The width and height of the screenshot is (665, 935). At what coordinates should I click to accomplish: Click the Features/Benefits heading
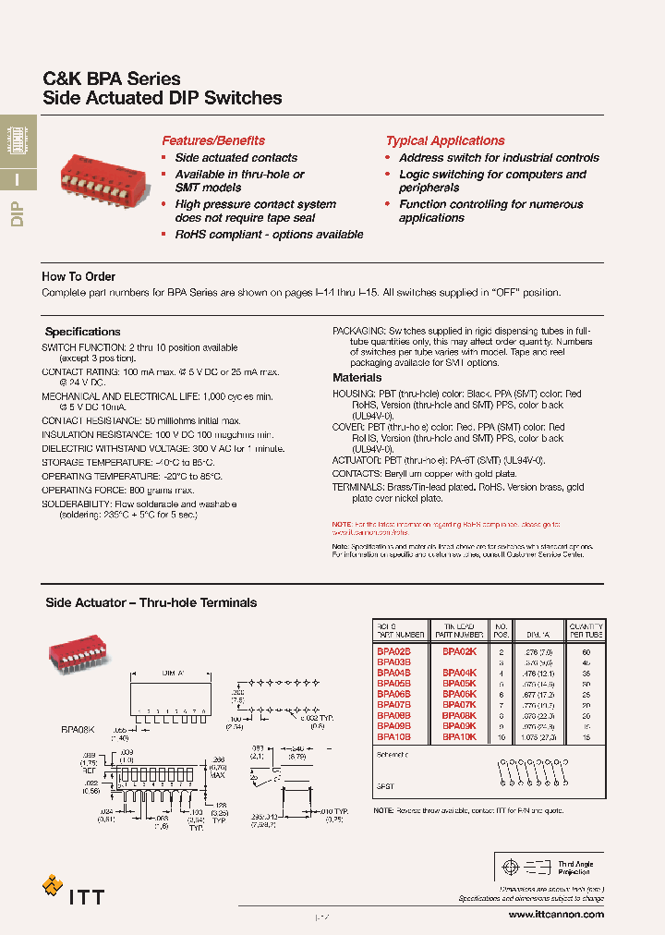(213, 141)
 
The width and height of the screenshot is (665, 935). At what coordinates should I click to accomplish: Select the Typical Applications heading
(445, 141)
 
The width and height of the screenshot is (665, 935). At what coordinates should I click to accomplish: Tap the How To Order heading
(79, 276)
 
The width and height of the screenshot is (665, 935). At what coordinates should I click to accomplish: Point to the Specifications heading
(83, 332)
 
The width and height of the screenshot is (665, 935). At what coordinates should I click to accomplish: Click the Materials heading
(357, 378)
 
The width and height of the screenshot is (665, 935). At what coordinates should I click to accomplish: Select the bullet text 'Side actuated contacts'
(236, 158)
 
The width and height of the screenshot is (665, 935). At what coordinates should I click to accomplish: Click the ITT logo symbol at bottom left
(54, 886)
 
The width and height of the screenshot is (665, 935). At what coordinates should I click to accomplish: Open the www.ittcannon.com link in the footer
(556, 914)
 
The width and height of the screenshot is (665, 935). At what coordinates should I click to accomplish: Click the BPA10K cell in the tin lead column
(458, 737)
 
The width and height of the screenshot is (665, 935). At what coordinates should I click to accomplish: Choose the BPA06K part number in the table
(458, 694)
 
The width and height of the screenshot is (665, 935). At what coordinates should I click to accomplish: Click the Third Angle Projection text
(574, 868)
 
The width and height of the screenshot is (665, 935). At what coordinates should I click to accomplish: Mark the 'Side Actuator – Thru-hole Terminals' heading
(151, 602)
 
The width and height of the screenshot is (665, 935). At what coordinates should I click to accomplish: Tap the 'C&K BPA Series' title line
(113, 79)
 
